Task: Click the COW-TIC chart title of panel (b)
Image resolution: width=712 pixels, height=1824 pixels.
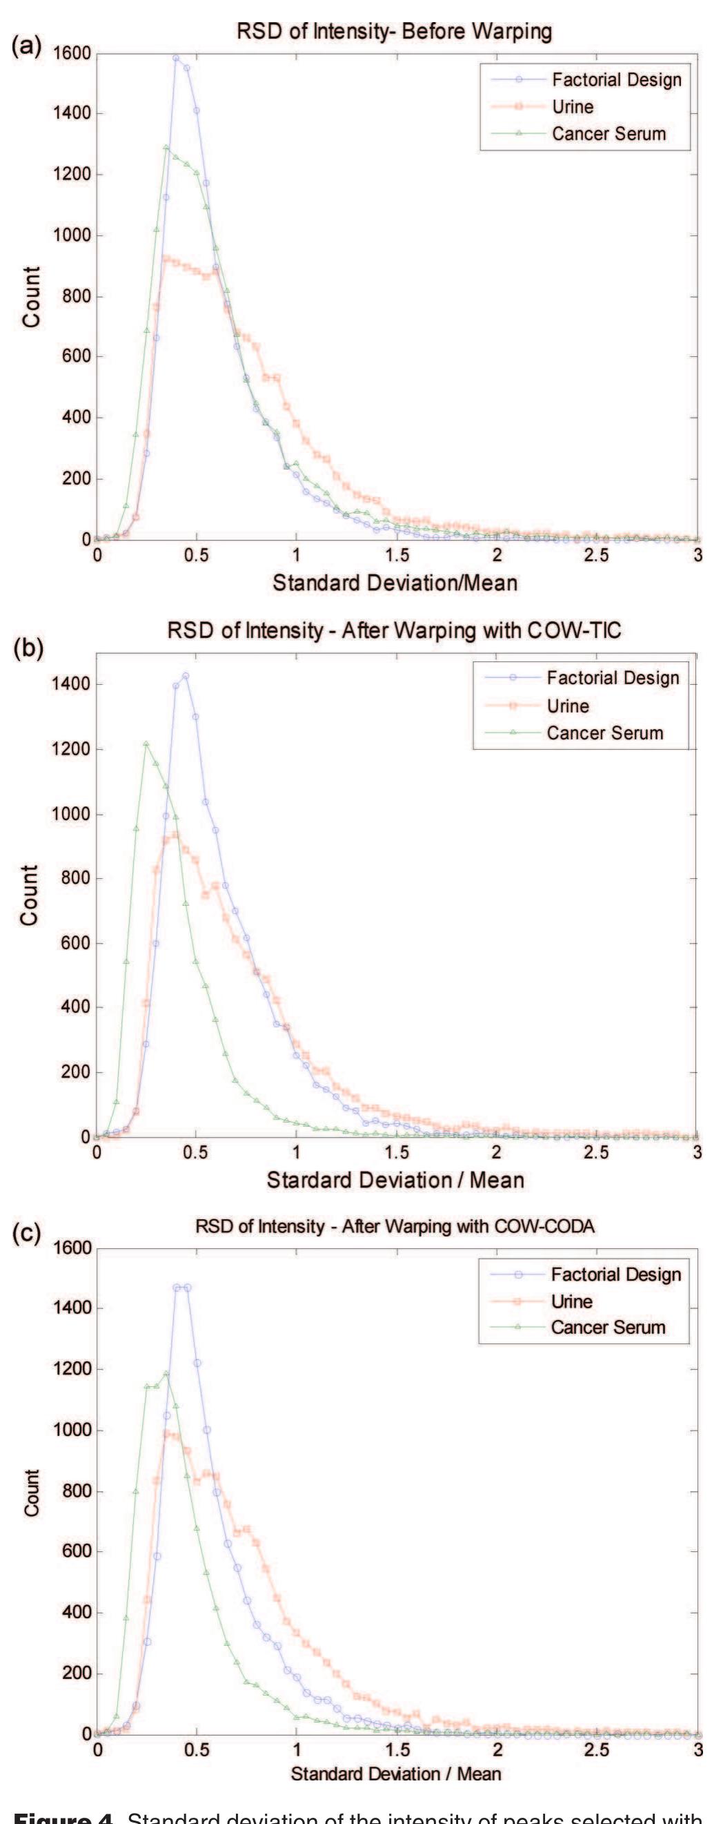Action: [393, 630]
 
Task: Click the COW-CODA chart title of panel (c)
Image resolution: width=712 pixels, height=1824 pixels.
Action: [394, 1225]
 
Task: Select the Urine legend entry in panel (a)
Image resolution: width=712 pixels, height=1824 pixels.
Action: [573, 106]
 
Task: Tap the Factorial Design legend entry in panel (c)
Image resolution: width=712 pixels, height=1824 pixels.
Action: [615, 1274]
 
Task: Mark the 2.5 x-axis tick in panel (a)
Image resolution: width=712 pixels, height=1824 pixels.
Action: [597, 554]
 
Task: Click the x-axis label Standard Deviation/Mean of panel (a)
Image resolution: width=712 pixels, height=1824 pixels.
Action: [395, 583]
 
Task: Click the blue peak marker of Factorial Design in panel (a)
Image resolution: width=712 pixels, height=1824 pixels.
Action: [176, 57]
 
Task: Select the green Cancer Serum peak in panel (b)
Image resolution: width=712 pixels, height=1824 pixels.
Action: [146, 744]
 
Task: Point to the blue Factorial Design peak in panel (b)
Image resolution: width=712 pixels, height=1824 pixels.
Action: [186, 675]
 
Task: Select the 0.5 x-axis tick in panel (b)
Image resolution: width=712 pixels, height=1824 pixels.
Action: [196, 1152]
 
